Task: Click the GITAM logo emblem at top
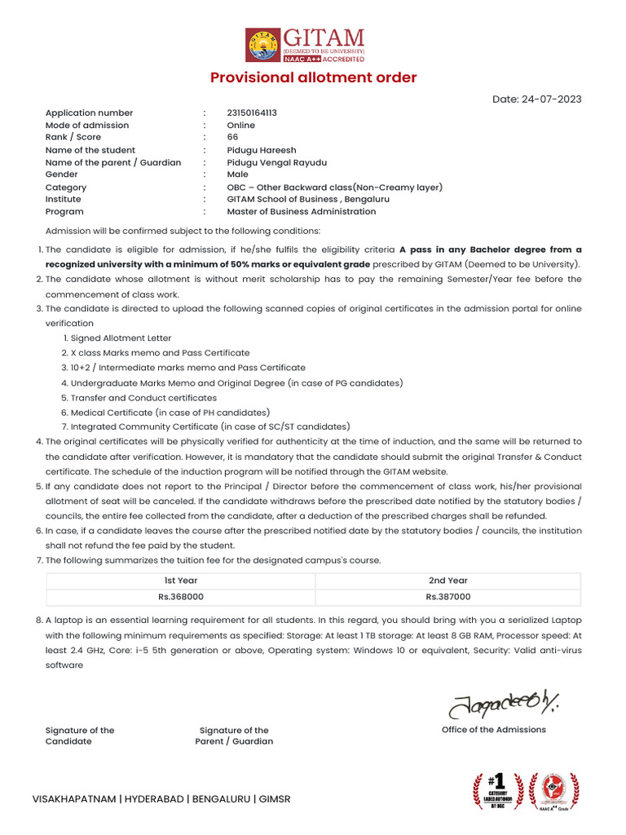click(x=262, y=45)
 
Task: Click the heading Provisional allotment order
click(x=313, y=78)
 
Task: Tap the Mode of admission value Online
click(x=240, y=126)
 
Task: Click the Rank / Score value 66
click(x=232, y=138)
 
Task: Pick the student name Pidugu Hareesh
click(x=261, y=150)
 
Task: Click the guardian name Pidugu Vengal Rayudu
click(x=276, y=162)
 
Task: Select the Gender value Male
click(x=237, y=175)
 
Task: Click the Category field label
click(x=66, y=188)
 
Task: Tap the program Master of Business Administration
click(x=301, y=212)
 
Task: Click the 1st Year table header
click(x=181, y=581)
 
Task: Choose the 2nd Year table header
click(x=447, y=581)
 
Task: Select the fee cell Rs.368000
click(x=181, y=597)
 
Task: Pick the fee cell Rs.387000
click(x=447, y=597)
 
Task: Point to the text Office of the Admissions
click(x=493, y=730)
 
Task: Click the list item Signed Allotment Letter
click(x=121, y=338)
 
